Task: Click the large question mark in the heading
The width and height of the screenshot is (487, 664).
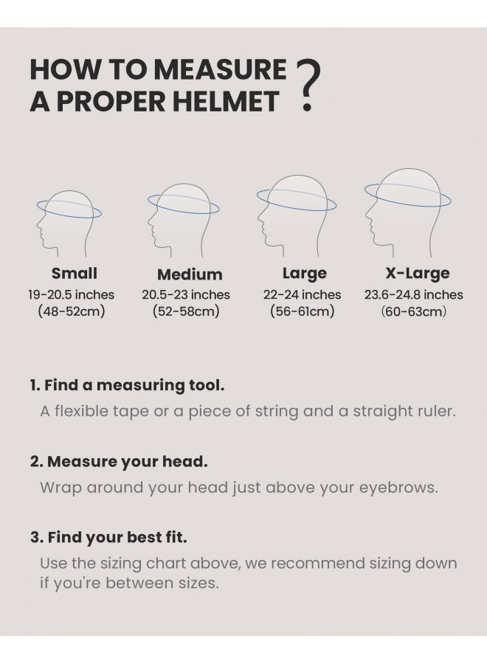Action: click(308, 87)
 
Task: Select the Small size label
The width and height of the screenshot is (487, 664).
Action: click(74, 274)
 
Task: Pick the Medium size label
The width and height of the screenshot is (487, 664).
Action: click(190, 274)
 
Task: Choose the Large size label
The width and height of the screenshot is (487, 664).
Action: click(304, 274)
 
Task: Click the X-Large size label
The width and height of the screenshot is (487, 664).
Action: click(417, 274)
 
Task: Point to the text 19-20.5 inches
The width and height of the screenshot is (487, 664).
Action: click(72, 294)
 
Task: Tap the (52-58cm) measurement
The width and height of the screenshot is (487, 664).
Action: click(186, 311)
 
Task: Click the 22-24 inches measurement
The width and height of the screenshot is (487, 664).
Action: click(303, 294)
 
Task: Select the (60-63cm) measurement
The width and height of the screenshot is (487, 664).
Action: click(414, 311)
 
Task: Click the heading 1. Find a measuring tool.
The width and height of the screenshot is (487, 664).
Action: click(127, 385)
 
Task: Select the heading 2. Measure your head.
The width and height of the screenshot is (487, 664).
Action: click(119, 462)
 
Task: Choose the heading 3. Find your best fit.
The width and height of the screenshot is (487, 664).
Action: click(108, 538)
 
